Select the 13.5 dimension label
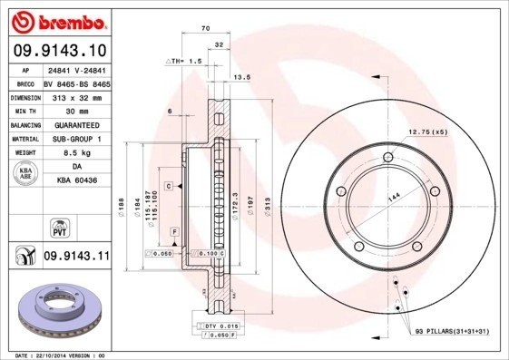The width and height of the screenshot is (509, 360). (x=242, y=78)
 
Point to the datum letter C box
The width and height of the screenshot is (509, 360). (x=168, y=185)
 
